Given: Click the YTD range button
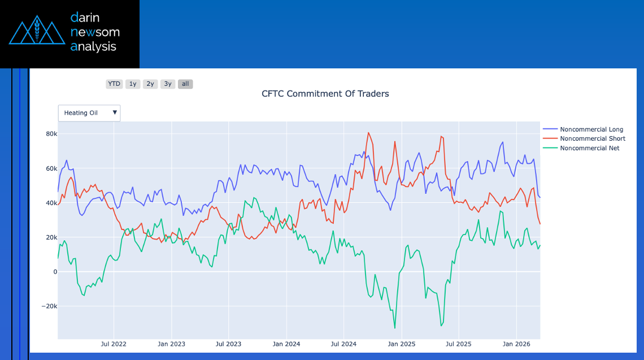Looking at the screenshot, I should pyautogui.click(x=114, y=84).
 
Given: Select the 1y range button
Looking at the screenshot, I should pyautogui.click(x=133, y=84).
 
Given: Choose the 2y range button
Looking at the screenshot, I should pyautogui.click(x=150, y=84).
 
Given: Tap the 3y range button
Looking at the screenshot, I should pyautogui.click(x=167, y=84).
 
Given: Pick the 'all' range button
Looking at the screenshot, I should pyautogui.click(x=185, y=84).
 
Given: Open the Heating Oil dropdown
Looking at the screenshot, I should pyautogui.click(x=89, y=113).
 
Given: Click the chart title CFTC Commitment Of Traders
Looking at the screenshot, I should pyautogui.click(x=325, y=94).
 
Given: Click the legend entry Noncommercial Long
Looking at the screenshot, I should pyautogui.click(x=591, y=129).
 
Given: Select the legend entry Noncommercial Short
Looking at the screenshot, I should pyautogui.click(x=592, y=138).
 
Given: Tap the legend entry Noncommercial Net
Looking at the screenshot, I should pyautogui.click(x=589, y=148).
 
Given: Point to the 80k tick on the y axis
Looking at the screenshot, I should pyautogui.click(x=51, y=134).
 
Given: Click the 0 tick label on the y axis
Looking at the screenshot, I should pyautogui.click(x=55, y=272).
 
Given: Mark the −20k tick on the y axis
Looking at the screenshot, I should pyautogui.click(x=50, y=306).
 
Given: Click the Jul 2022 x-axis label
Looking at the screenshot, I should pyautogui.click(x=114, y=344).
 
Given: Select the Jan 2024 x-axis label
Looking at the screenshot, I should pyautogui.click(x=286, y=344).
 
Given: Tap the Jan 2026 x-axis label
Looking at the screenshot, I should pyautogui.click(x=516, y=344).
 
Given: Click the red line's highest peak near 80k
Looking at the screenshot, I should pyautogui.click(x=368, y=133).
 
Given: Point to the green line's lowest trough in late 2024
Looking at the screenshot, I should pyautogui.click(x=394, y=328).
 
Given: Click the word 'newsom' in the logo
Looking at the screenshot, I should pyautogui.click(x=95, y=32).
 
